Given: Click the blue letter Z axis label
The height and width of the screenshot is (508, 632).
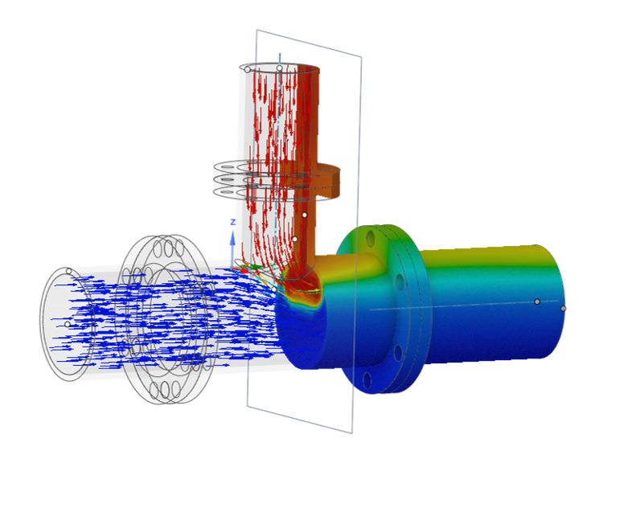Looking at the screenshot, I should pyautogui.click(x=232, y=222).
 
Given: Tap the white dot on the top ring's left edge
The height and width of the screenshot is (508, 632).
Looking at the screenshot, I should pyautogui.click(x=247, y=70).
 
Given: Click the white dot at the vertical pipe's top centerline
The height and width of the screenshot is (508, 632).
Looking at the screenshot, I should pyautogui.click(x=279, y=68).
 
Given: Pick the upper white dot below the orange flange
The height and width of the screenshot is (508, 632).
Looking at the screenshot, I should pyautogui.click(x=304, y=215).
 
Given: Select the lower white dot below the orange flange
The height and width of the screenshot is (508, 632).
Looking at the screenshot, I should pyautogui.click(x=294, y=239).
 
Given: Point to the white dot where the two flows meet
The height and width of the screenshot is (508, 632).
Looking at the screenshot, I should pyautogui.click(x=273, y=289).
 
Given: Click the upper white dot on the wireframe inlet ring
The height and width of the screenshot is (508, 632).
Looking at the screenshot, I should pyautogui.click(x=68, y=271).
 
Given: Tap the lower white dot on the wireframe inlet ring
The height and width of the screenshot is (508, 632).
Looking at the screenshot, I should pyautogui.click(x=67, y=324).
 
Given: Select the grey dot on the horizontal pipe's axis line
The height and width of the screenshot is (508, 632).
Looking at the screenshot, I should pyautogui.click(x=537, y=301).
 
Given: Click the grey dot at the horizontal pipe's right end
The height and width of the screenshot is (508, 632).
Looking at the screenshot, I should pyautogui.click(x=563, y=309).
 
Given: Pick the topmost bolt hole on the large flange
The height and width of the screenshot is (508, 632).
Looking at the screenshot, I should pyautogui.click(x=371, y=239).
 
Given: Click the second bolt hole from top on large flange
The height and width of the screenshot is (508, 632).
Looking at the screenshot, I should pyautogui.click(x=400, y=281).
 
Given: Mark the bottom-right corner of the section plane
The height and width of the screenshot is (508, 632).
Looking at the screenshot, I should pyautogui.click(x=351, y=433).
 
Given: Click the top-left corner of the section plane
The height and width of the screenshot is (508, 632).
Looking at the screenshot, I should pyautogui.click(x=256, y=31).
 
